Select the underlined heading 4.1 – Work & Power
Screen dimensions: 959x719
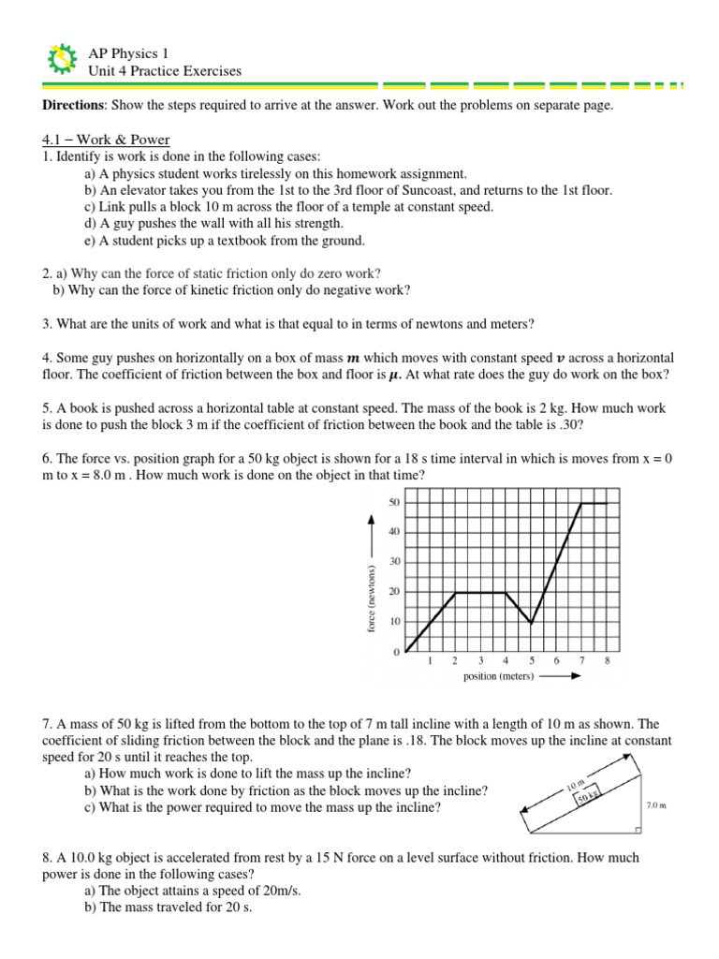(x=95, y=140)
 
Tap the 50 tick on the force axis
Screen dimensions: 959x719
(x=393, y=503)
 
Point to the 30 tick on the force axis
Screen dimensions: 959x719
(x=393, y=562)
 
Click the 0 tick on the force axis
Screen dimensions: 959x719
(x=396, y=651)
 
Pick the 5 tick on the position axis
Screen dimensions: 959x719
(x=531, y=661)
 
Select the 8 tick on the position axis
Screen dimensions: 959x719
(x=607, y=661)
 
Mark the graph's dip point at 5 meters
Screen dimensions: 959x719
(x=531, y=622)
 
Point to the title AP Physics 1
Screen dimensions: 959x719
(x=128, y=53)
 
